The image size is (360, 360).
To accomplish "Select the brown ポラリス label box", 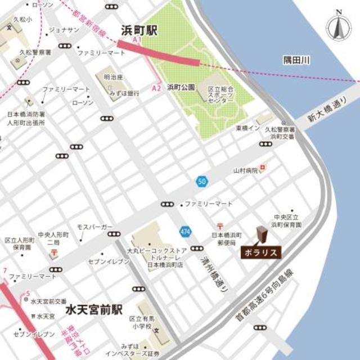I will [x=260, y=253].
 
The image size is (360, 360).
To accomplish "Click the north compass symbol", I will [x=339, y=25].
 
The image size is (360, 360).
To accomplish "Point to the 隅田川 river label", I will [x=297, y=60].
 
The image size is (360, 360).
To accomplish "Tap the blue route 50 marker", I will [x=201, y=181].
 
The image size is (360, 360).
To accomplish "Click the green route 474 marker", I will [x=186, y=231].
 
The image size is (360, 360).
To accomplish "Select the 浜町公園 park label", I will [x=181, y=88].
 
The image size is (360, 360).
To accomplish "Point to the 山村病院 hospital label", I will [x=246, y=170].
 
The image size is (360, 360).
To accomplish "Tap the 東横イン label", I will [x=247, y=129].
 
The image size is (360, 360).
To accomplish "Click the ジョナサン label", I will [x=64, y=30].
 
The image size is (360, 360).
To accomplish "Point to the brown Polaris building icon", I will [x=261, y=235].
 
